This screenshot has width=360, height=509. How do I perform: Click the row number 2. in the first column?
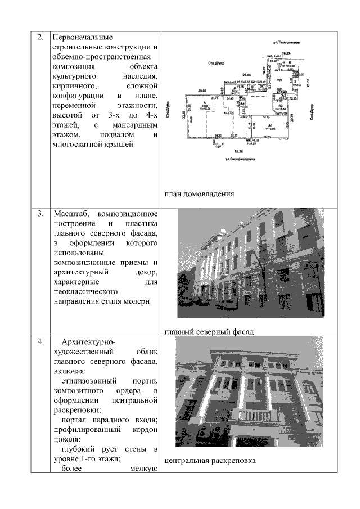(40, 38)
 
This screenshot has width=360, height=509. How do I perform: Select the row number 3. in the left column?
(40, 214)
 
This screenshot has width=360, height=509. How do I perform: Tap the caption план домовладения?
(199, 195)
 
